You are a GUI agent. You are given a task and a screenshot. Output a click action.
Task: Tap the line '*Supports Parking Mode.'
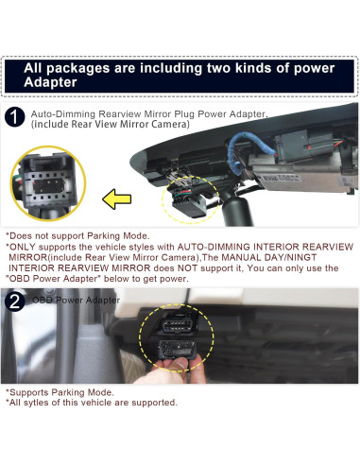tap(60, 391)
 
